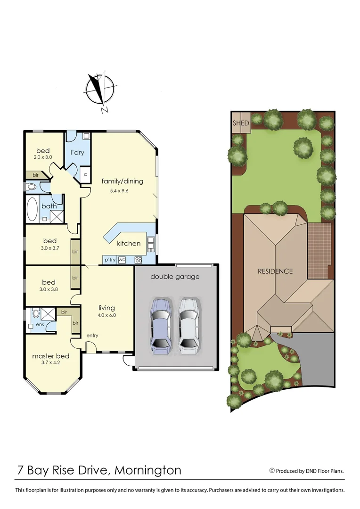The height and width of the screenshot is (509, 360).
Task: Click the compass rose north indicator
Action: click(x=99, y=90)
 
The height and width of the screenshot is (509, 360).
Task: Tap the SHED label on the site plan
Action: click(x=240, y=123)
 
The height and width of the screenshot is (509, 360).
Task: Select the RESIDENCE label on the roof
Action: click(x=275, y=271)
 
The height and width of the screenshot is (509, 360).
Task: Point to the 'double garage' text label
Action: click(x=175, y=277)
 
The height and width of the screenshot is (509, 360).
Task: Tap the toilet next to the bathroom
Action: click(x=32, y=187)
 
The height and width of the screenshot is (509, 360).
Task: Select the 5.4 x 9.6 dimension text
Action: click(x=122, y=191)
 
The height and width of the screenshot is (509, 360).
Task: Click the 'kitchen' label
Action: click(x=129, y=243)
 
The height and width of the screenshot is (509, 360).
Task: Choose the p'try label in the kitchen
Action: click(x=109, y=259)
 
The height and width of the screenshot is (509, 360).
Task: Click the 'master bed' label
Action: click(x=50, y=356)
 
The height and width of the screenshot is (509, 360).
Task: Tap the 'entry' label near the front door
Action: click(x=92, y=336)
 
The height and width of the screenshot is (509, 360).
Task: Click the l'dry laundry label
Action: click(x=77, y=153)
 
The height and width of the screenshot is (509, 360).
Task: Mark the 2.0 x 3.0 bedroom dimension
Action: click(x=43, y=157)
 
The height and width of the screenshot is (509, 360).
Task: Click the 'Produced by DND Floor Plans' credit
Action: click(x=306, y=470)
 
